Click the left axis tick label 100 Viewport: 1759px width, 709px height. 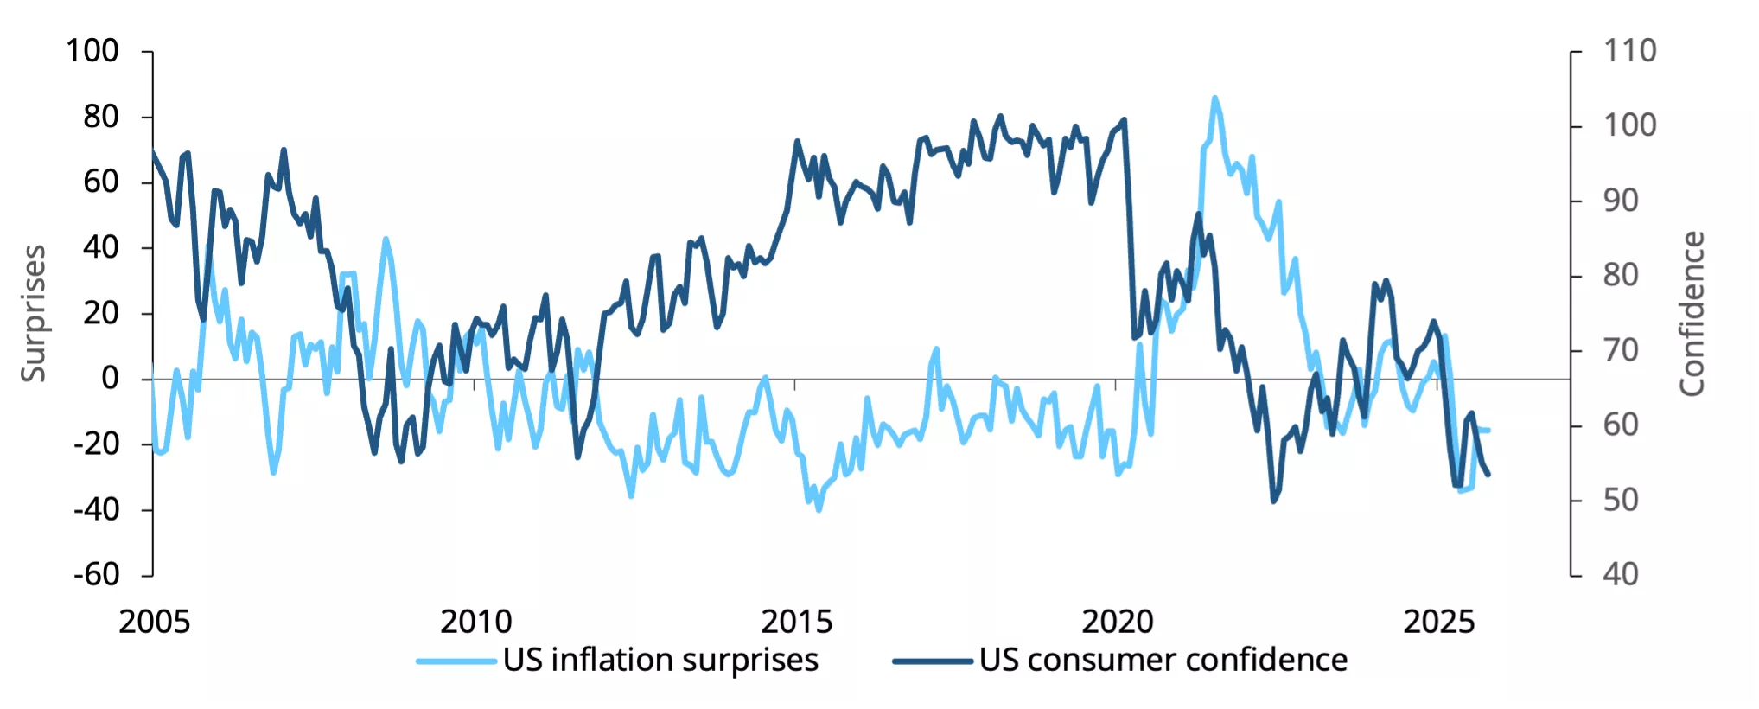tap(92, 51)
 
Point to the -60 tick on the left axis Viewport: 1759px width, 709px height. tap(96, 574)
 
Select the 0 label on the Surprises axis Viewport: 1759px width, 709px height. tap(110, 378)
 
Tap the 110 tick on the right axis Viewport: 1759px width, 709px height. tap(1629, 51)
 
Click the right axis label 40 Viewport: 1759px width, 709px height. tap(1620, 574)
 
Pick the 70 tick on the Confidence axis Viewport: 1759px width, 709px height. tap(1620, 350)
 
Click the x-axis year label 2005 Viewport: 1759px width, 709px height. tap(154, 622)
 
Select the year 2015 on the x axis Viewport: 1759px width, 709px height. tap(796, 622)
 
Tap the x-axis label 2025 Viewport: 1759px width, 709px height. tap(1438, 622)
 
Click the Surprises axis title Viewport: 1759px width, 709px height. tap(33, 313)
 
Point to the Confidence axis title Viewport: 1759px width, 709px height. tap(1692, 313)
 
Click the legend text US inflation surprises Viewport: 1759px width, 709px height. tap(660, 660)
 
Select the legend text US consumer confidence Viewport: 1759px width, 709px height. tap(1163, 660)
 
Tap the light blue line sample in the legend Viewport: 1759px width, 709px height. tap(456, 661)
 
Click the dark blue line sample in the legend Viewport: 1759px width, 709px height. tap(933, 661)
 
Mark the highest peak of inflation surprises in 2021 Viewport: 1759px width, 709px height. tap(1214, 98)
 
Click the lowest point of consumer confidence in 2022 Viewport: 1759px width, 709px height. tap(1273, 501)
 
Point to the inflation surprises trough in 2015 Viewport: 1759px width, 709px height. tap(819, 510)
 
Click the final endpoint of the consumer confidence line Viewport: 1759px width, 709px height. tap(1488, 474)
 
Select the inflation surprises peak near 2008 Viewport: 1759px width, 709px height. tap(385, 239)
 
